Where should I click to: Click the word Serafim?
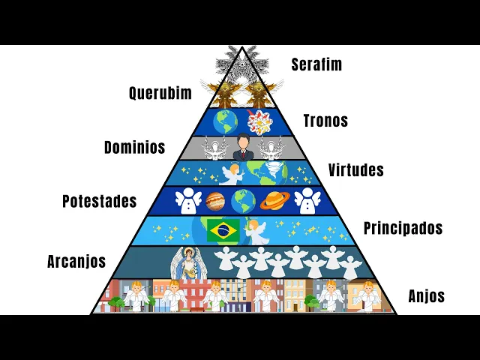pyautogui.click(x=316, y=64)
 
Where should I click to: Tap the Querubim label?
pyautogui.click(x=160, y=93)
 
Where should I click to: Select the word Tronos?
pyautogui.click(x=325, y=120)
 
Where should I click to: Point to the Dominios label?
pyautogui.click(x=134, y=147)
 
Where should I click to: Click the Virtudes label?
pyautogui.click(x=355, y=170)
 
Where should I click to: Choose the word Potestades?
pyautogui.click(x=99, y=201)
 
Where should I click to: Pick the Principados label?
pyautogui.click(x=403, y=227)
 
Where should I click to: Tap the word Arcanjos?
pyautogui.click(x=76, y=262)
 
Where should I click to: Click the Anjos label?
pyautogui.click(x=426, y=296)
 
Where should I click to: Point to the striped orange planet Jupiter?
pyautogui.click(x=214, y=200)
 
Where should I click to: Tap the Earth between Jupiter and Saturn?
pyautogui.click(x=242, y=200)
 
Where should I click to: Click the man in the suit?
pyautogui.click(x=242, y=148)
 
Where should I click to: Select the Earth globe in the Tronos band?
pyautogui.click(x=225, y=121)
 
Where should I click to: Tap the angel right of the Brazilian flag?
pyautogui.click(x=258, y=230)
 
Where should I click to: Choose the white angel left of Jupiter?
pyautogui.click(x=185, y=201)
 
